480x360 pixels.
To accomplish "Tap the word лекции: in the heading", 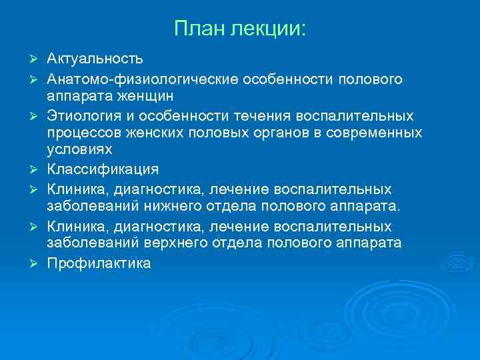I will coord(269,29).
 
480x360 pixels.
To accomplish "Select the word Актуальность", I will coord(94,61).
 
